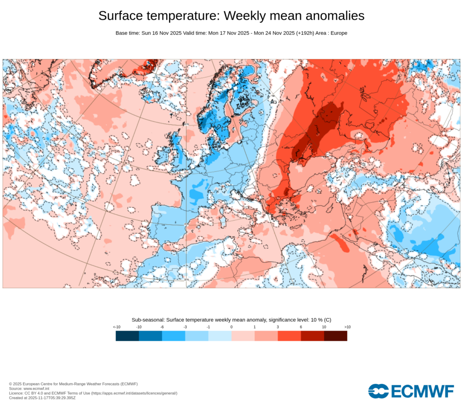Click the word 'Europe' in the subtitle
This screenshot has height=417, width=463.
pos(338,33)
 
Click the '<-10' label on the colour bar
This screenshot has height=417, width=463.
pos(116,327)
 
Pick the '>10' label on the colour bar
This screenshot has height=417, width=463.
pos(347,327)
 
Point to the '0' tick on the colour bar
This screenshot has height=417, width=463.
pos(231,327)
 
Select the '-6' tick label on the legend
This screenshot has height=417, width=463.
pos(162,327)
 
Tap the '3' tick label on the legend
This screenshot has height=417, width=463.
pos(278,327)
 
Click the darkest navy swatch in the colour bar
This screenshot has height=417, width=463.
pos(127,336)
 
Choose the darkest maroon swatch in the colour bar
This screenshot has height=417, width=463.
pos(335,336)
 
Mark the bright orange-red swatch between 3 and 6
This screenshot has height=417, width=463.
pos(289,336)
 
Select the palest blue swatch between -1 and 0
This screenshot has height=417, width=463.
pos(220,336)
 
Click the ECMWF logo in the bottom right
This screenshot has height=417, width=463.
pos(411,391)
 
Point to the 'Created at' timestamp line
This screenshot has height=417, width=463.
pos(42,398)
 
